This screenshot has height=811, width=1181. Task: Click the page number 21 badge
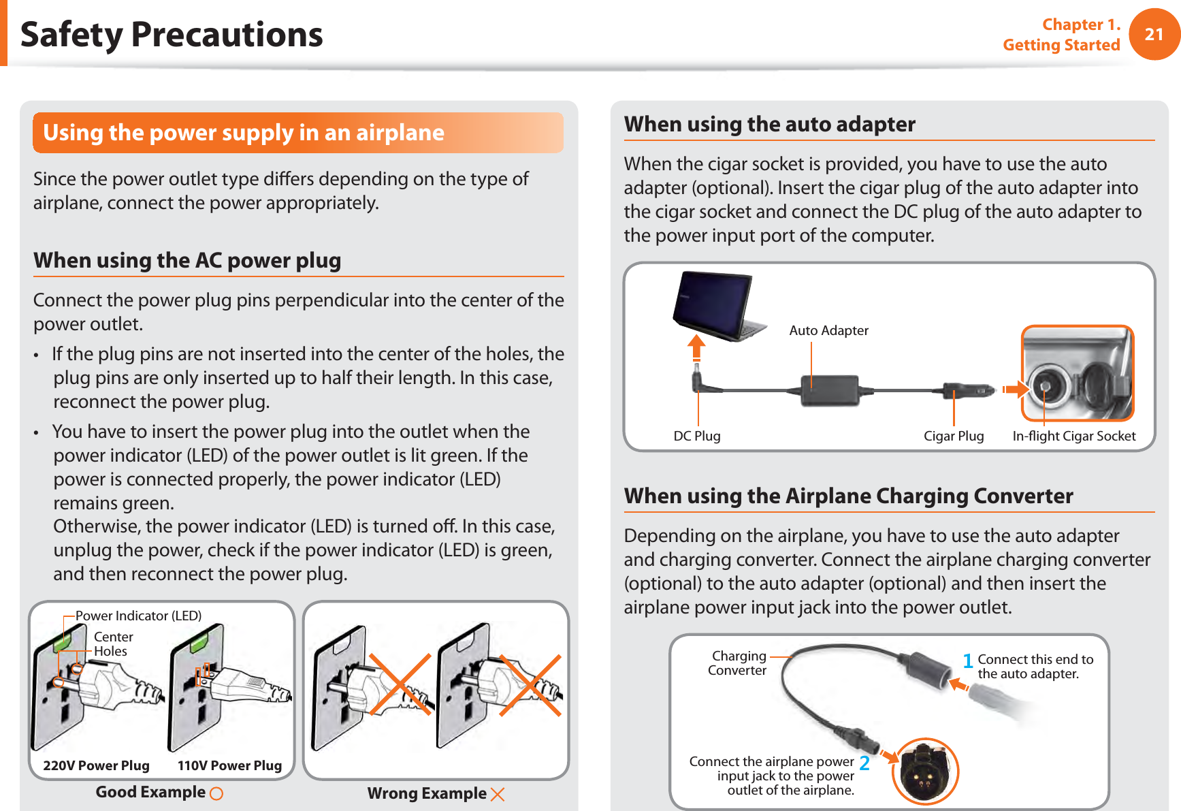coord(1154,34)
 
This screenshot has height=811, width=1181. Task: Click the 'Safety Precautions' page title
coord(172,34)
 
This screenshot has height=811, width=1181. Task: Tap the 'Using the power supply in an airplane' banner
coord(297,133)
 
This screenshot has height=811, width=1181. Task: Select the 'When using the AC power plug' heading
coord(187,261)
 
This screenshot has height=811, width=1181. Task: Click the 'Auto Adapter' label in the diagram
coord(828,330)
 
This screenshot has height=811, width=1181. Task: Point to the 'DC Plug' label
coord(696,436)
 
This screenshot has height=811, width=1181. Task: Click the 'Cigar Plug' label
coord(953,436)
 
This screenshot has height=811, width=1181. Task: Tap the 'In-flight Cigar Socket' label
coord(1073,436)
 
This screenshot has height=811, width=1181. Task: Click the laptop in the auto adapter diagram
coord(715,306)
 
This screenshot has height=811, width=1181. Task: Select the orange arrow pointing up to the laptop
coord(696,348)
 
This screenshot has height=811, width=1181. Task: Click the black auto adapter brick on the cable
coord(830,391)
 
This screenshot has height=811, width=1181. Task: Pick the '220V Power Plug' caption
coord(96,765)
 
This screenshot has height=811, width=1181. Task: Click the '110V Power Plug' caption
coord(229,765)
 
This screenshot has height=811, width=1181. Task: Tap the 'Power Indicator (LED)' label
coord(138,616)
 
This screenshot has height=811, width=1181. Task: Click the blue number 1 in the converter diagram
coord(967,661)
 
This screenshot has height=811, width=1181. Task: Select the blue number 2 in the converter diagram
coord(864,763)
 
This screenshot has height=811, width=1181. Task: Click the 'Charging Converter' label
coord(737,663)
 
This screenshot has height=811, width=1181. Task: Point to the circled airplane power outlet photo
coord(925,772)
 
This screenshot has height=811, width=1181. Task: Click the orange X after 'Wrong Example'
coord(498,794)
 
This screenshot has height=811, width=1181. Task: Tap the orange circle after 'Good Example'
coord(216,793)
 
